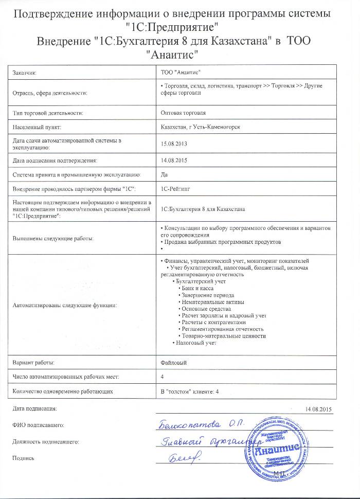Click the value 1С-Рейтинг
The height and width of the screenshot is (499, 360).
[x=175, y=189]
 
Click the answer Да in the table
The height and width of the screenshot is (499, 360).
[x=165, y=175]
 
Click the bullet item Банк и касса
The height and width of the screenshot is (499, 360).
[x=195, y=289]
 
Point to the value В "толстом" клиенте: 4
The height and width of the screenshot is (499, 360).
[x=190, y=391]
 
